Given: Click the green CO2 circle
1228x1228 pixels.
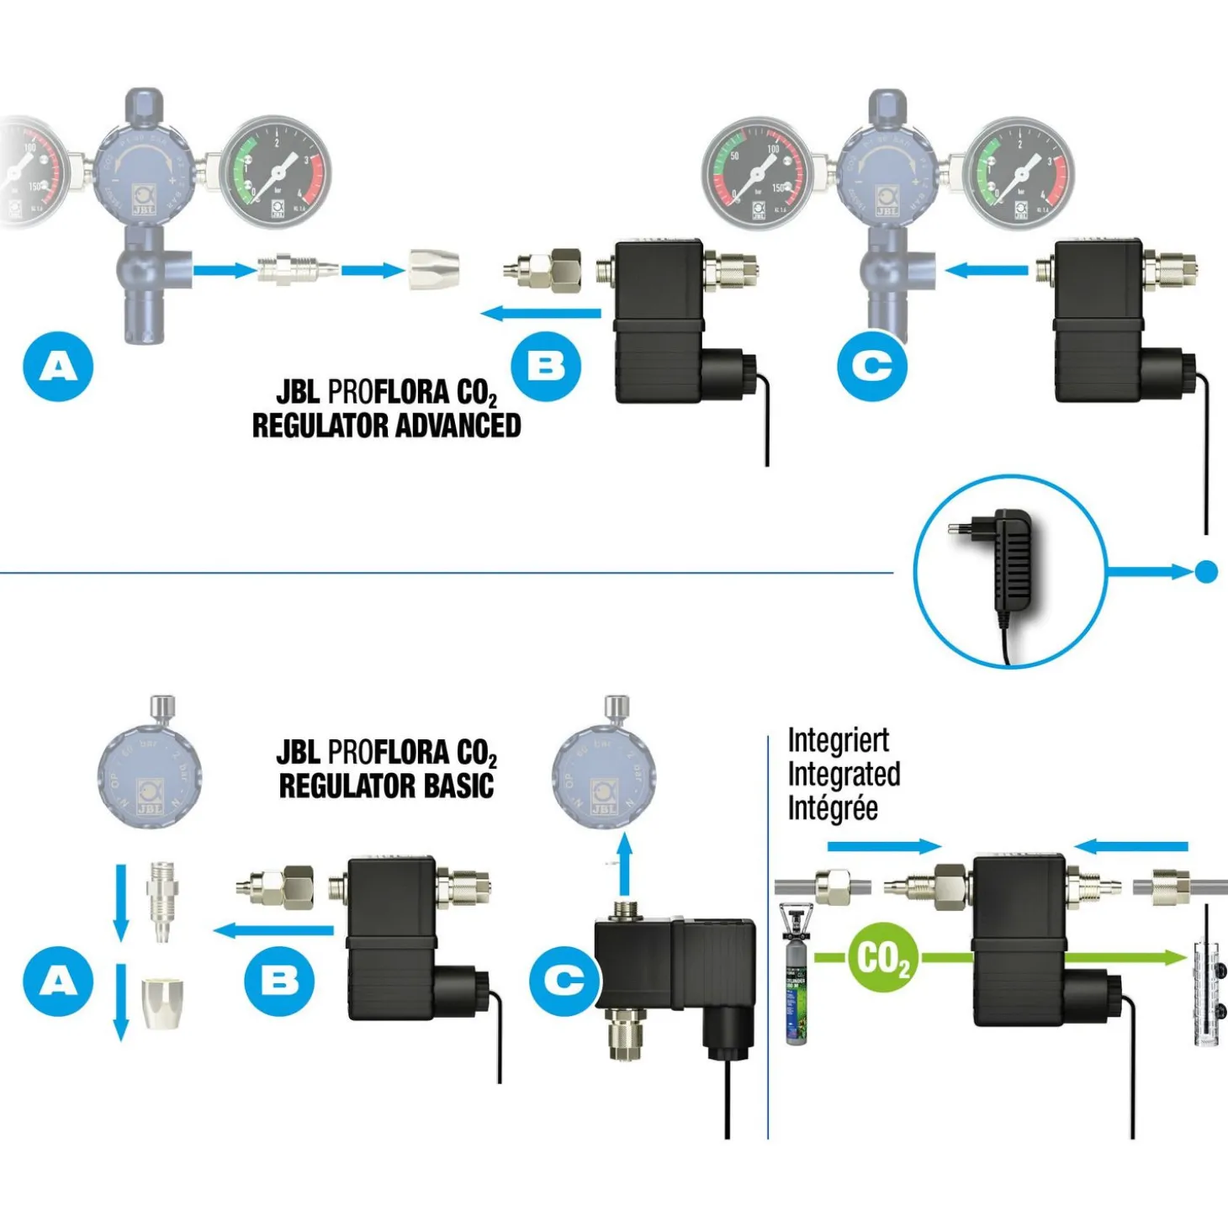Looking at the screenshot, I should [x=881, y=957].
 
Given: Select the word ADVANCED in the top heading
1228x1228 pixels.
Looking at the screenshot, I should [x=458, y=426].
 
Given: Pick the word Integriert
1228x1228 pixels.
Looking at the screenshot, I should [x=838, y=740].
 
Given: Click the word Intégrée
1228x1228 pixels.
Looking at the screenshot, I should [x=833, y=808].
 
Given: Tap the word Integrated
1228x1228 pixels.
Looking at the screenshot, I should [x=844, y=774].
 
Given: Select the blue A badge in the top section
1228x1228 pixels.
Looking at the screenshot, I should [x=58, y=367].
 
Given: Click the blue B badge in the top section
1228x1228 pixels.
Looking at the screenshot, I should [x=546, y=367].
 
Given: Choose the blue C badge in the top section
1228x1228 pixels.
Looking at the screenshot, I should [x=872, y=367].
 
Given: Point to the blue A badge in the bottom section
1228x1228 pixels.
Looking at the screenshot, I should [x=58, y=981].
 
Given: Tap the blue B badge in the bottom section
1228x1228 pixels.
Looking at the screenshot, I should [x=279, y=981].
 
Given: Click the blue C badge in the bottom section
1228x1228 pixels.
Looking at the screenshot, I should [x=564, y=981].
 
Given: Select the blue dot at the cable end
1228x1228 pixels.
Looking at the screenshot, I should [x=1206, y=572].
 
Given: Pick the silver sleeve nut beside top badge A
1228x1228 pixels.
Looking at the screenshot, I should [x=434, y=269].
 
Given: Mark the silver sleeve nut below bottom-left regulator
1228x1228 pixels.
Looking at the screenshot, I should [x=161, y=1003].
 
